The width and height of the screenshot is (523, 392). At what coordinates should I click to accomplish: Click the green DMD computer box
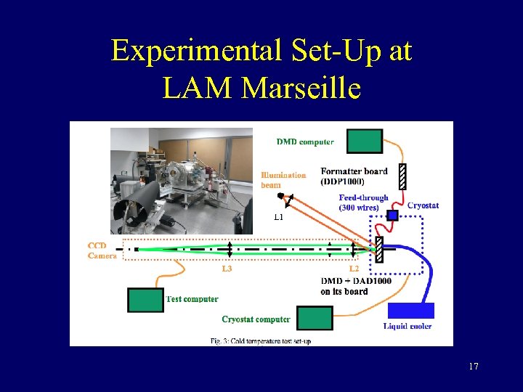(x=364, y=141)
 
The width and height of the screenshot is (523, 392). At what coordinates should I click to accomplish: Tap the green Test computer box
(x=145, y=300)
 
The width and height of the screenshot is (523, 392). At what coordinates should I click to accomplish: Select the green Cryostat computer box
(x=315, y=318)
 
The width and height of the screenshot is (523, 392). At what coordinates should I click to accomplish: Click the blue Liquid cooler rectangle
(x=410, y=311)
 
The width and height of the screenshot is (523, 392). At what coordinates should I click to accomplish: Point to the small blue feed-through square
(x=392, y=215)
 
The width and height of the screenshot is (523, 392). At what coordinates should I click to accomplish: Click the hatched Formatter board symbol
(x=402, y=176)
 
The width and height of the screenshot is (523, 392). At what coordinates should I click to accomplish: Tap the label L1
(x=279, y=216)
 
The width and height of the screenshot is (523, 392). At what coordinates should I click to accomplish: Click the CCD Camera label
(x=102, y=250)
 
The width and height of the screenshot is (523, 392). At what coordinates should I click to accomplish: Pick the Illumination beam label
(x=283, y=179)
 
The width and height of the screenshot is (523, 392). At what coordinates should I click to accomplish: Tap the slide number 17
(x=474, y=367)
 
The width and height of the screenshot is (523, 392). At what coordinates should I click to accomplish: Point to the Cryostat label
(x=423, y=205)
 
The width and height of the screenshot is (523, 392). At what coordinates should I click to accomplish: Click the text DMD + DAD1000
(x=356, y=281)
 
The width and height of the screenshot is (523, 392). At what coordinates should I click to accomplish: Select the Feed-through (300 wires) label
(x=363, y=203)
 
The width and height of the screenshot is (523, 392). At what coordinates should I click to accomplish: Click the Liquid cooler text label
(x=408, y=326)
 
